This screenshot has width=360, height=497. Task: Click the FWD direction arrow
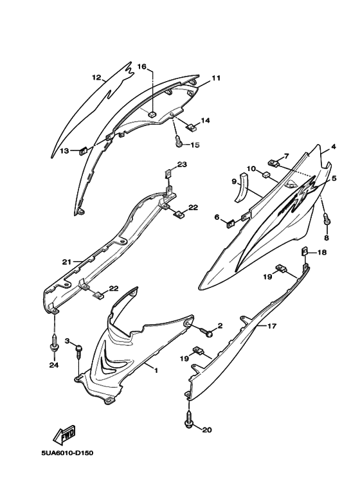(x=65, y=433)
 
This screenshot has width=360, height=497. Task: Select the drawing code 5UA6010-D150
(x=67, y=453)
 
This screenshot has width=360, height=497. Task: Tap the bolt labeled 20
(x=188, y=419)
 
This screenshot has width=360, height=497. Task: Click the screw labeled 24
(x=55, y=343)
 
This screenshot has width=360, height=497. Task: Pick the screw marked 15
(x=179, y=140)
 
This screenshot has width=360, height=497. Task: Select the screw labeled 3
(x=78, y=350)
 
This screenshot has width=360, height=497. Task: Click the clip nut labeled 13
(x=83, y=150)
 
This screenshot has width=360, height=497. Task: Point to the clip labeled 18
(x=304, y=252)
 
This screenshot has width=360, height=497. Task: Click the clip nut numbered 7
(x=274, y=163)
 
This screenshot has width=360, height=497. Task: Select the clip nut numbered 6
(x=231, y=224)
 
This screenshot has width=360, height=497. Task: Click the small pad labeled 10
(x=266, y=174)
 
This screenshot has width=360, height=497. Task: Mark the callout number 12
(x=96, y=77)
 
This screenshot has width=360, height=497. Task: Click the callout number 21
(x=67, y=262)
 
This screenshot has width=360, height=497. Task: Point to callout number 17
(x=272, y=326)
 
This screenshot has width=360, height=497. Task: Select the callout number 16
(x=141, y=66)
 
